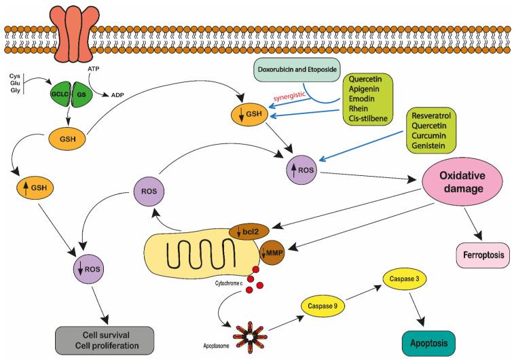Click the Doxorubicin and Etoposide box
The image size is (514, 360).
click(297, 70)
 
